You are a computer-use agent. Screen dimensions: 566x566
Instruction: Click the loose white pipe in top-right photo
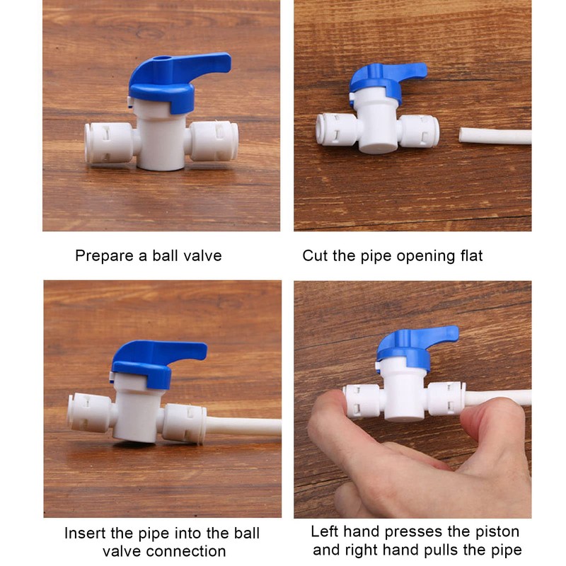(495, 135)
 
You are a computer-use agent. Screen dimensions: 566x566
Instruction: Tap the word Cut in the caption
(314, 256)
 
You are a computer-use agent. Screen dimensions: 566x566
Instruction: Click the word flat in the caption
(470, 256)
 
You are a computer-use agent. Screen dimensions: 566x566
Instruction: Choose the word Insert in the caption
(85, 533)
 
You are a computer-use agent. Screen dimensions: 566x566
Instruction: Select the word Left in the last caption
(324, 531)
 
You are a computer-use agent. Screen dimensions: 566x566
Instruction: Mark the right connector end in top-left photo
(215, 141)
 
